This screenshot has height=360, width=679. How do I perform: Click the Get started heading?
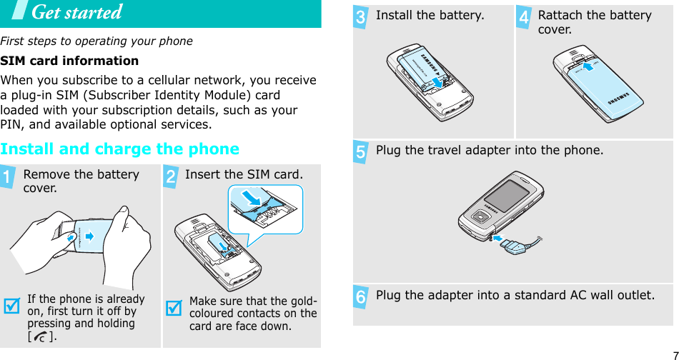tap(76, 13)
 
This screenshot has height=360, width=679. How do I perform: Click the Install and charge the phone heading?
tap(120, 149)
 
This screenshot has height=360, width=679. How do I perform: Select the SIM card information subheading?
tap(70, 61)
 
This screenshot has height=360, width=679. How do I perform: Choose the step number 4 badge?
tap(524, 18)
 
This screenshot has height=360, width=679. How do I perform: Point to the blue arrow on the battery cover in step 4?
tap(588, 66)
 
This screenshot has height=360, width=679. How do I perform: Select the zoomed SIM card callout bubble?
tap(265, 209)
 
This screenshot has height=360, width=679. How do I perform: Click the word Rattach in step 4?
tap(558, 16)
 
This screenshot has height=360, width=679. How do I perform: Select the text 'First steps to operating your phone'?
tap(96, 41)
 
